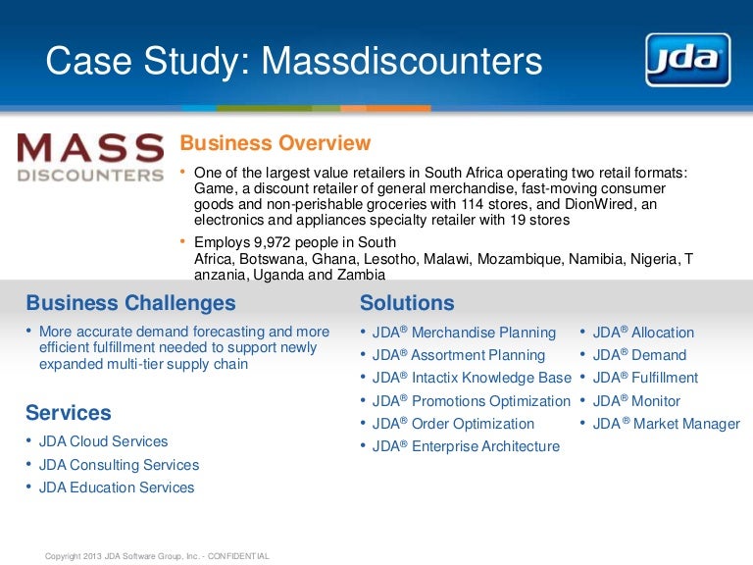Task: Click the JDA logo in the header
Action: point(687,60)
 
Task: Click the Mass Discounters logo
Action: point(90,158)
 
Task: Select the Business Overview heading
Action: point(275,143)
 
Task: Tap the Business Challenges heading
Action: point(130,303)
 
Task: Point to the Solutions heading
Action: point(407,303)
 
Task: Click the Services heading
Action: point(69,412)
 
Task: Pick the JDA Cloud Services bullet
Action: point(103,441)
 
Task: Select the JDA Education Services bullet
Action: point(117,488)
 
